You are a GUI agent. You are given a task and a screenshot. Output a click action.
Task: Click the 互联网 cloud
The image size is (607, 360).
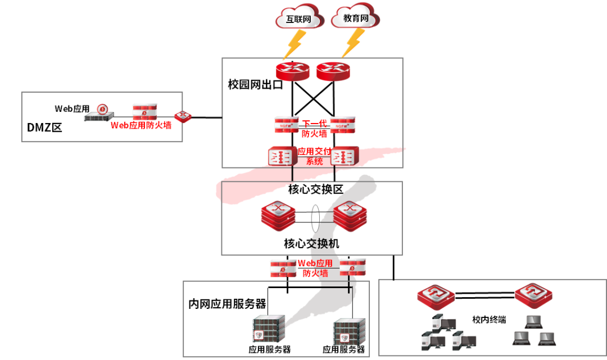[299, 19]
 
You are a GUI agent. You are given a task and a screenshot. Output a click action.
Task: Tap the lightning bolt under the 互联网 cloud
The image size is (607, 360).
[294, 44]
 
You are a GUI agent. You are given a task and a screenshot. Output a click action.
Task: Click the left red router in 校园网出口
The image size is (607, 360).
[293, 71]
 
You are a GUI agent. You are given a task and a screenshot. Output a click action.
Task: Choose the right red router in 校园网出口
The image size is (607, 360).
[333, 71]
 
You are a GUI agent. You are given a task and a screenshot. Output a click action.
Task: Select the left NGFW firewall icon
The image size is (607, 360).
[287, 125]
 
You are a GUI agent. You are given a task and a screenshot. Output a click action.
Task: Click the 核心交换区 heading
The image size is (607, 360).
[315, 190]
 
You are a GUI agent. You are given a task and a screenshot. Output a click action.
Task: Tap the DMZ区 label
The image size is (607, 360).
[44, 128]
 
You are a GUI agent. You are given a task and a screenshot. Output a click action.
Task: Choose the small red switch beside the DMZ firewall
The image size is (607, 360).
[183, 117]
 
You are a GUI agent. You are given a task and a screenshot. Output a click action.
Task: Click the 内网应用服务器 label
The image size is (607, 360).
[227, 304]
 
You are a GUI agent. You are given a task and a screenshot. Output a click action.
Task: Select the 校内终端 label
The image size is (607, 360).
[489, 320]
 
